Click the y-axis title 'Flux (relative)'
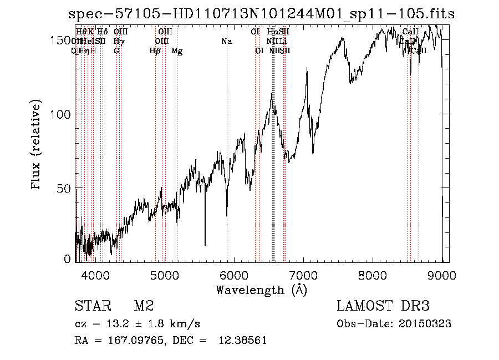[37, 145]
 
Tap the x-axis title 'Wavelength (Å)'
[261, 290]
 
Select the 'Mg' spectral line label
[177, 51]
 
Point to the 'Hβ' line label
[155, 51]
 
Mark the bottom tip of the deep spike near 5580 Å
[205, 245]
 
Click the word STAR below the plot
[93, 306]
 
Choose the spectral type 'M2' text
[144, 306]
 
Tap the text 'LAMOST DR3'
[383, 306]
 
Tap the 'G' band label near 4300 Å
[116, 51]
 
